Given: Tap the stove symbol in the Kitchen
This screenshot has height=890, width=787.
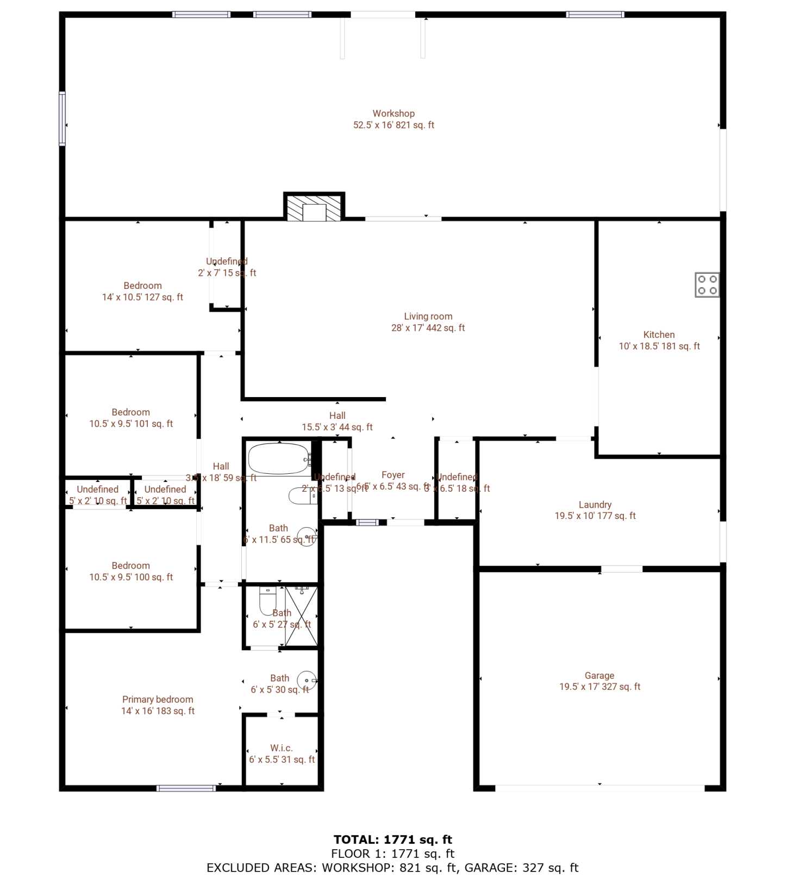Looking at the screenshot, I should tap(707, 285).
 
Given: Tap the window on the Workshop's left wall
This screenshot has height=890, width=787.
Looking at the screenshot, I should tap(63, 119).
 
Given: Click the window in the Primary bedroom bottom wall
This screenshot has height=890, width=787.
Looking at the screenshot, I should tap(186, 788).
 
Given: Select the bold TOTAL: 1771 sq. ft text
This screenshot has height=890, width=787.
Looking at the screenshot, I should tap(393, 839).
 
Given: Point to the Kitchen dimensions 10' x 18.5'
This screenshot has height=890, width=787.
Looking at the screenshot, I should tap(659, 347).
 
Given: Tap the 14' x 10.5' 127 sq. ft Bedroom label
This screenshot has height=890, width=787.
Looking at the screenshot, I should tap(142, 292).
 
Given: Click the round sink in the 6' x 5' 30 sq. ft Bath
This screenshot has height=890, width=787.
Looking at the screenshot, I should tap(307, 681).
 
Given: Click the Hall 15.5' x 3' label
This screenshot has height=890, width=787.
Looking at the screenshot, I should tap(337, 422).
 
